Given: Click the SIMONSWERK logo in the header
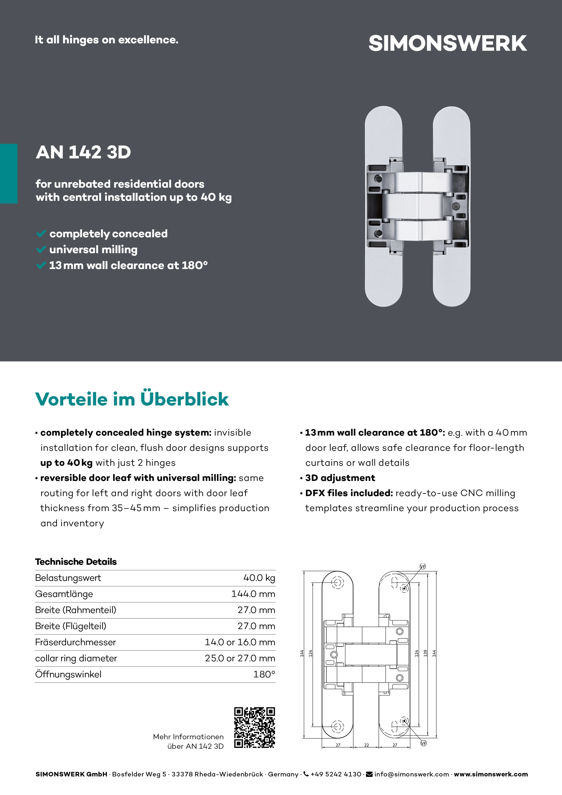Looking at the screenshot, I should (x=447, y=44).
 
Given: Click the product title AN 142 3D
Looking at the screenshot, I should (x=83, y=152).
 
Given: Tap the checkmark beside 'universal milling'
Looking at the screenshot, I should (x=41, y=249).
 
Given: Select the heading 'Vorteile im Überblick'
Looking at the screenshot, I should (x=132, y=399).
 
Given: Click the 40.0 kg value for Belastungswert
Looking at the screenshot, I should (x=259, y=578).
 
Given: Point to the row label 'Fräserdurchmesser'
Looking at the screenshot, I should (x=76, y=642).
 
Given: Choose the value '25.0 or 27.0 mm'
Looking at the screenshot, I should (x=240, y=658).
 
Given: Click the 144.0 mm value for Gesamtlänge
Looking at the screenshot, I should (x=253, y=594).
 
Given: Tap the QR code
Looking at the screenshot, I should (x=255, y=727).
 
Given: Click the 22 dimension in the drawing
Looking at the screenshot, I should (x=366, y=745).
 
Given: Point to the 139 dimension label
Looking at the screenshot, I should (x=426, y=653).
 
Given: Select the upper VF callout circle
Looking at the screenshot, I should (x=422, y=566).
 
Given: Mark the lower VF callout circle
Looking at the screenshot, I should (x=424, y=743).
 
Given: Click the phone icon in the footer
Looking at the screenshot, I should (x=306, y=774).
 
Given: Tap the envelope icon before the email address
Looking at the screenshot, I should (x=369, y=774).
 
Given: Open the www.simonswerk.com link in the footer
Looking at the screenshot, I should (x=491, y=774).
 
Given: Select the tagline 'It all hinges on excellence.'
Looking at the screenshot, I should (x=106, y=40).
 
